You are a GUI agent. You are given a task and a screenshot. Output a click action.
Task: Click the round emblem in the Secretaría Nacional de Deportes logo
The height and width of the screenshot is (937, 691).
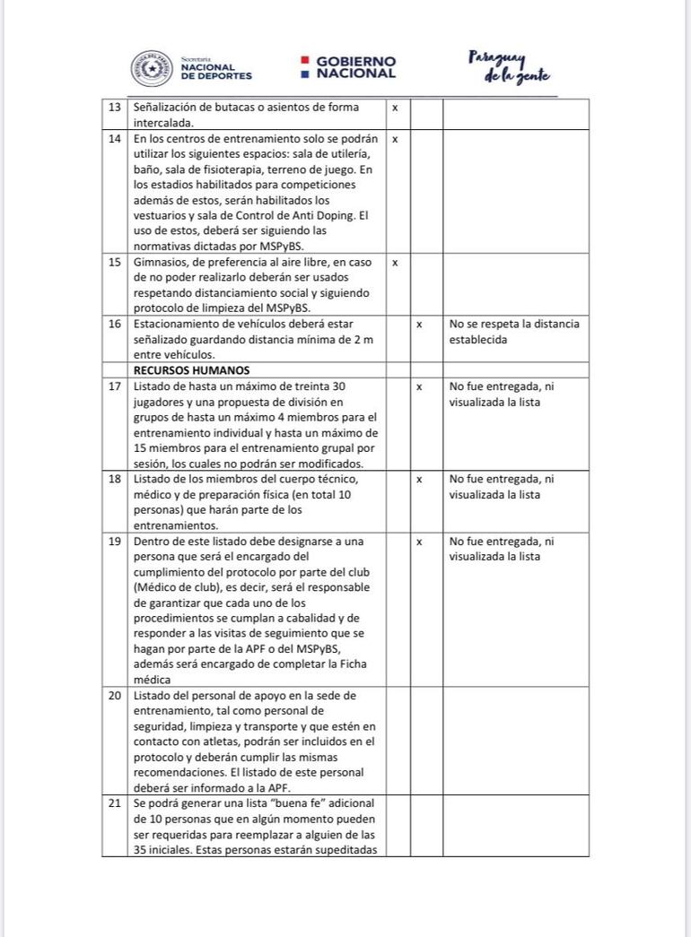pyautogui.click(x=152, y=68)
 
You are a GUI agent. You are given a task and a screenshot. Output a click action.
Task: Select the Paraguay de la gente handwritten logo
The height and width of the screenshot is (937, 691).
pyautogui.click(x=509, y=66)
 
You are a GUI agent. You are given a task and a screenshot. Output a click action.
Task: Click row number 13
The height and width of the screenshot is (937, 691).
pyautogui.click(x=114, y=108)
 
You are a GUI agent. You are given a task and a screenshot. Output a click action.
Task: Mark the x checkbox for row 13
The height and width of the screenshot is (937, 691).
pyautogui.click(x=395, y=108)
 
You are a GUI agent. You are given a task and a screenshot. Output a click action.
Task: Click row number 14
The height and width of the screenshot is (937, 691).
pyautogui.click(x=114, y=140)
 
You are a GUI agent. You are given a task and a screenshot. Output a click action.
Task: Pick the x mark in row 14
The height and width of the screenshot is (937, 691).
pyautogui.click(x=395, y=140)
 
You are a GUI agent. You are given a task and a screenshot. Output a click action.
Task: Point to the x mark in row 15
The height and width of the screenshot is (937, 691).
pyautogui.click(x=395, y=263)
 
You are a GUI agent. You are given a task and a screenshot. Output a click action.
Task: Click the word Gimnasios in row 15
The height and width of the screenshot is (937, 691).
pyautogui.click(x=162, y=263)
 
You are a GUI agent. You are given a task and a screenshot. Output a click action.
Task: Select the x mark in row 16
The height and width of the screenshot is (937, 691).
pyautogui.click(x=419, y=324)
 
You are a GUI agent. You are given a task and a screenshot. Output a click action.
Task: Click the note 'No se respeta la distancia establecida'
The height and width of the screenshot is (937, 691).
pyautogui.click(x=514, y=332)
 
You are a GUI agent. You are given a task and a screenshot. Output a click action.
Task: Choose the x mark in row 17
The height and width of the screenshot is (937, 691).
pyautogui.click(x=419, y=386)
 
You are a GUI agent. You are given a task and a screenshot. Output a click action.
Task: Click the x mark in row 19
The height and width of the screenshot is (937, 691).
pyautogui.click(x=419, y=542)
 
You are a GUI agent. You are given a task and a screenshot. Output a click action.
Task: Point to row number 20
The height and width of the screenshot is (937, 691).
pyautogui.click(x=114, y=696)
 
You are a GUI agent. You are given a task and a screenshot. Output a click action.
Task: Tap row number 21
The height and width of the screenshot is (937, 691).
pyautogui.click(x=114, y=803)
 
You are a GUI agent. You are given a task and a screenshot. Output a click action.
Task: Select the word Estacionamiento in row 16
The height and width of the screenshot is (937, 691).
pyautogui.click(x=177, y=324)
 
